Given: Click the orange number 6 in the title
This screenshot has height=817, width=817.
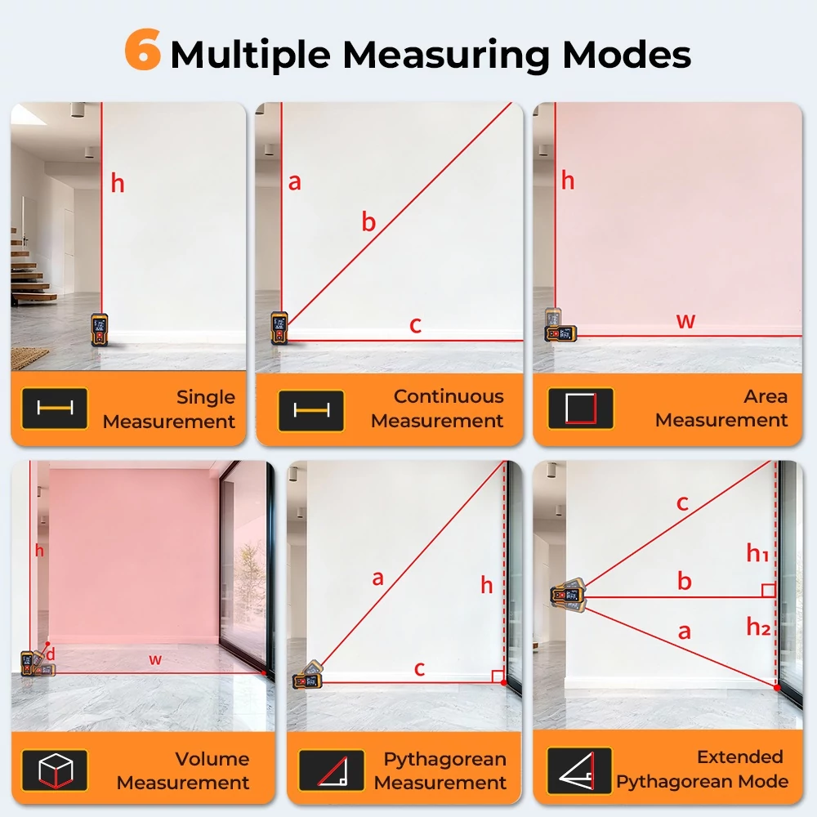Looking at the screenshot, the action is click(x=142, y=50).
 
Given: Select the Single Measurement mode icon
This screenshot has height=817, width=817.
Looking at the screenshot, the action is click(x=55, y=408).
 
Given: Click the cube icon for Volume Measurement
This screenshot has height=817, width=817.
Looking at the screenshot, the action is click(x=56, y=770).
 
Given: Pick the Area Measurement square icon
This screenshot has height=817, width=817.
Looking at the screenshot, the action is click(x=580, y=408).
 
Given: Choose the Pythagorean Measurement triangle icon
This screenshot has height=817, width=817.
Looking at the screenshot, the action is click(x=332, y=770).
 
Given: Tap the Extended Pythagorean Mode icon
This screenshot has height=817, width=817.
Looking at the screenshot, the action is click(x=579, y=770).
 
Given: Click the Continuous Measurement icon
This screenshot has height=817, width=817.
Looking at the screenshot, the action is click(x=311, y=410).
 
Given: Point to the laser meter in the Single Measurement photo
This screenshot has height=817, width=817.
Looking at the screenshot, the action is click(x=99, y=329).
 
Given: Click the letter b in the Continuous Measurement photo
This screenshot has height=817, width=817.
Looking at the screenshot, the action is click(x=369, y=222).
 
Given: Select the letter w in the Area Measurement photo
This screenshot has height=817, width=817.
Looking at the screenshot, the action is click(x=685, y=320).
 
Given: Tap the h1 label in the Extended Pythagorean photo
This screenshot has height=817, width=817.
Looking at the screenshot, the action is click(x=757, y=553).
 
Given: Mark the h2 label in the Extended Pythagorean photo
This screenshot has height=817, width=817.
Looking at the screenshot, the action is click(x=758, y=627).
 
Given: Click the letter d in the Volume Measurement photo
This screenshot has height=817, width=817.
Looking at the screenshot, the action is click(x=51, y=654).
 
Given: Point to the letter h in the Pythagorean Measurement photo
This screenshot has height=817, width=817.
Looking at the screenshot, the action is click(x=487, y=585).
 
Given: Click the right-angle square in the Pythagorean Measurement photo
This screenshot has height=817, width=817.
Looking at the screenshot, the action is click(x=498, y=676).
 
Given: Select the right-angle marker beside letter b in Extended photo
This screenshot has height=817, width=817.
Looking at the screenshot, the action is click(x=769, y=591).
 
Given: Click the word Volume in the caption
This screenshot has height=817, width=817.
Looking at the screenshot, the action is click(x=212, y=759).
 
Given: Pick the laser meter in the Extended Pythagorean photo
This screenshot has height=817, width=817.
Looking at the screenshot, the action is click(x=569, y=595).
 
